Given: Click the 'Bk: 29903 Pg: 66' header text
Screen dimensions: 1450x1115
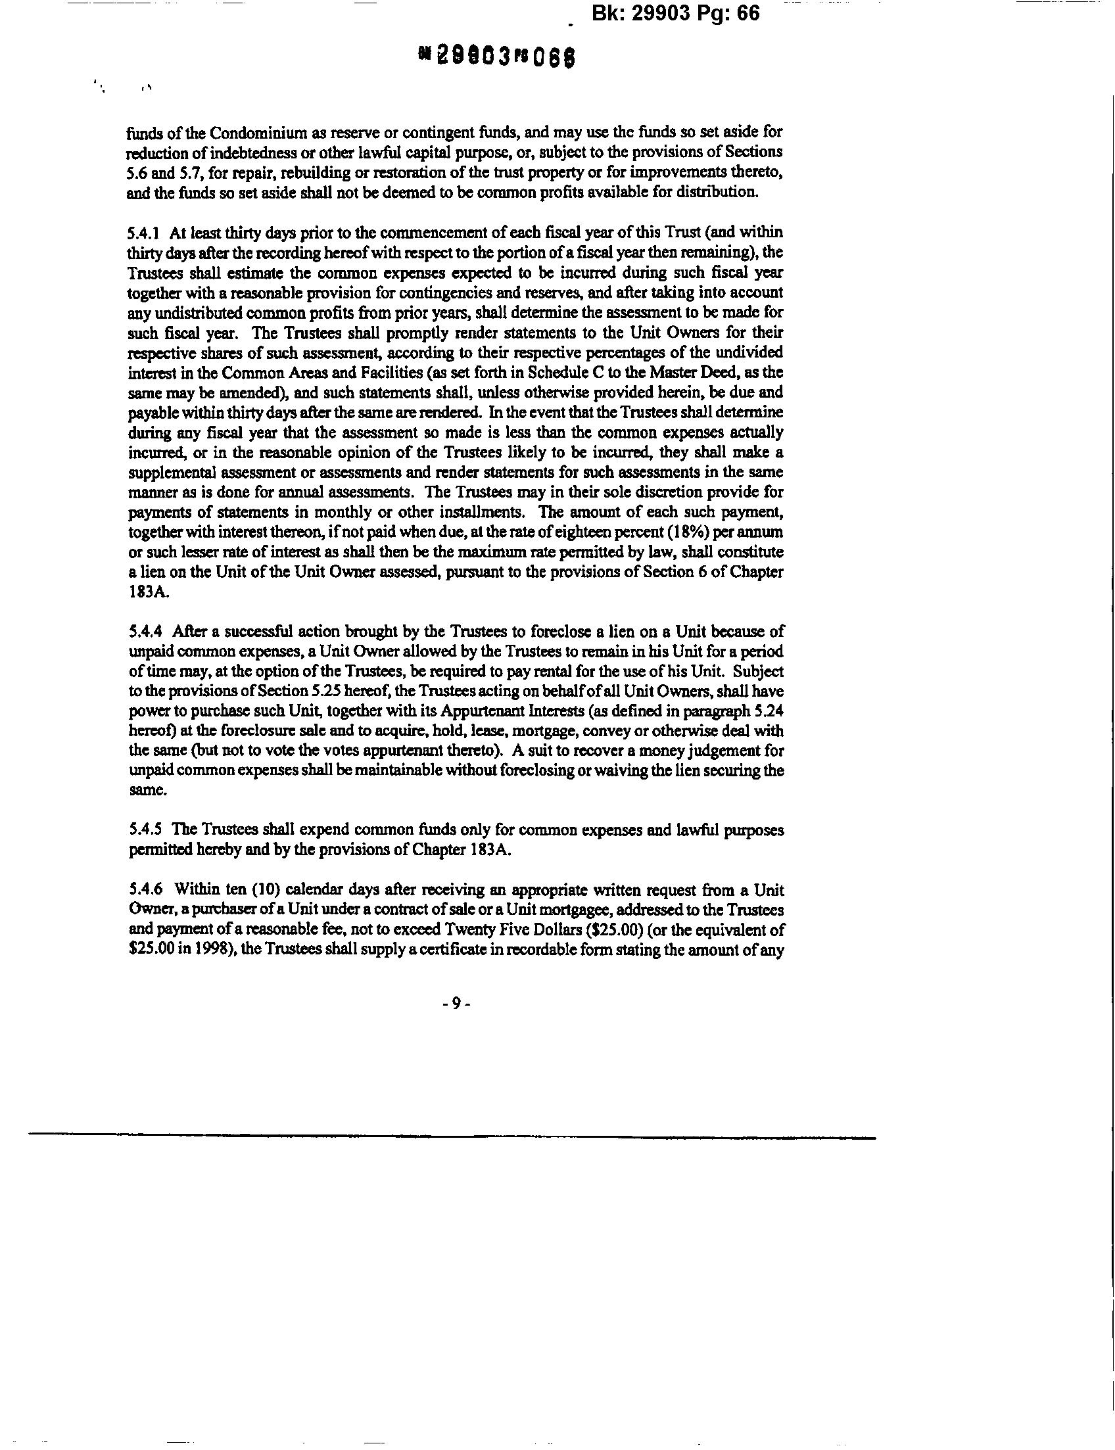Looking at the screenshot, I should [675, 14].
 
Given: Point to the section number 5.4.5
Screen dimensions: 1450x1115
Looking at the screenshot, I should [144, 830].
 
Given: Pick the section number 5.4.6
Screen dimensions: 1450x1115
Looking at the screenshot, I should [144, 890].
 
